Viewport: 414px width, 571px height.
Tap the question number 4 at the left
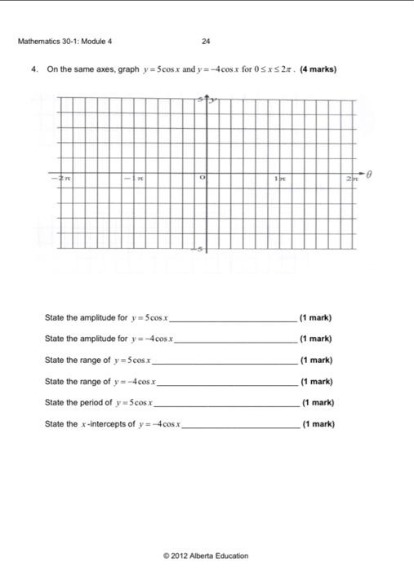pos(33,69)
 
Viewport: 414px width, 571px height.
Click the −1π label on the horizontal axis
pos(131,177)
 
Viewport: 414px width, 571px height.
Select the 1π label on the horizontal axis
pos(280,177)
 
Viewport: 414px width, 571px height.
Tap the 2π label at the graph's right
pos(352,177)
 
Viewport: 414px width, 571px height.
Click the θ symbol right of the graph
pos(368,173)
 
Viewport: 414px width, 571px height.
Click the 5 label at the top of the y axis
pos(198,100)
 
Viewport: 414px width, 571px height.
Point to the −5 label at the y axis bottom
pos(197,248)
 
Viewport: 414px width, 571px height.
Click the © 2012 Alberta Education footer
pos(206,556)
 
